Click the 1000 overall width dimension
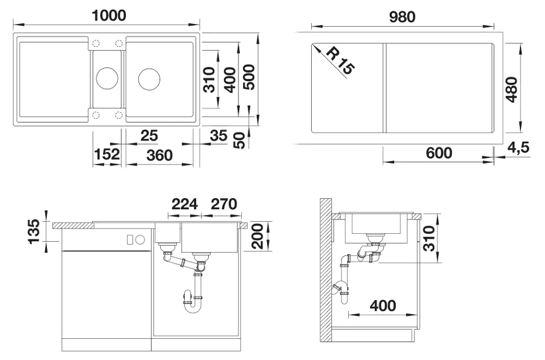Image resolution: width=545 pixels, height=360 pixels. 109,15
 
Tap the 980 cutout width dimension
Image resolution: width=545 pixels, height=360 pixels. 402,17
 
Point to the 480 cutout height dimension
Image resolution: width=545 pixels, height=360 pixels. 511,90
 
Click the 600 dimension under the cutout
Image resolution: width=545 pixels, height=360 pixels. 439,153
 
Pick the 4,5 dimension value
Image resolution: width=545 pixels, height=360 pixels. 518,147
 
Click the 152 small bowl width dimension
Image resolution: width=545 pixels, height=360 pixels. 107,154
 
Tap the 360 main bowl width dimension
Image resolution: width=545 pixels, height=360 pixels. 160,155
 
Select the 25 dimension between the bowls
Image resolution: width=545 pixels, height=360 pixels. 149,136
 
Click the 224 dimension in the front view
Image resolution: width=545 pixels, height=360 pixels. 185,204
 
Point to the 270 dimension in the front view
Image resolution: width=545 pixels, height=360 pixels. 224,204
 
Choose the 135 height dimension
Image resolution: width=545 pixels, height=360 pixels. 34,231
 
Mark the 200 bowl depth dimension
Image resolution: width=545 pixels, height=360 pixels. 257,236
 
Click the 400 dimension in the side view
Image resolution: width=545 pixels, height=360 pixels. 383,306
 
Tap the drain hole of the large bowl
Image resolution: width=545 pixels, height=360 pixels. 149,79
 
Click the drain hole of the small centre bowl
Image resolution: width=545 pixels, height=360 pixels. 107,78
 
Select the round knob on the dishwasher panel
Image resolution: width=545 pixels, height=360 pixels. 140,239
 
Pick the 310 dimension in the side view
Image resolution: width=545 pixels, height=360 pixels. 429,238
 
